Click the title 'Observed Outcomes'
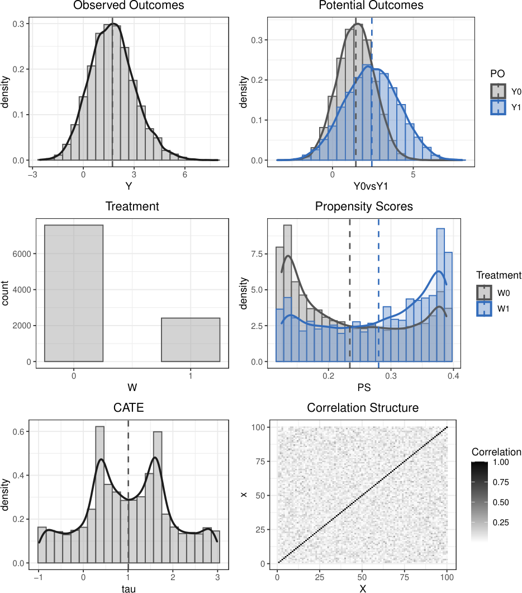coord(129,5)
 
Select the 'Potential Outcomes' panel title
coord(371,5)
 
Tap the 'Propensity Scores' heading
coord(364,206)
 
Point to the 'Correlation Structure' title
coord(363,408)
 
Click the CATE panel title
coord(129,408)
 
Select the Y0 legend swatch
coord(498,92)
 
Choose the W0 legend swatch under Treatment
coord(484,293)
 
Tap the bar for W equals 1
coord(191,340)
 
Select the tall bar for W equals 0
coord(74,293)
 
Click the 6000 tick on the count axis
coord(22,254)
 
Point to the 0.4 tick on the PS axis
coord(453,375)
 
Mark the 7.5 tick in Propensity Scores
coord(257,254)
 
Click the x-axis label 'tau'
coord(129,589)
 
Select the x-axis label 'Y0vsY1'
coord(371,186)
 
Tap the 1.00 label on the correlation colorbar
coord(501,462)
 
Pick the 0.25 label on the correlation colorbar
coord(501,523)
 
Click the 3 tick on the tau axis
coord(217,577)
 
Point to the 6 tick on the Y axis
coord(184,175)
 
